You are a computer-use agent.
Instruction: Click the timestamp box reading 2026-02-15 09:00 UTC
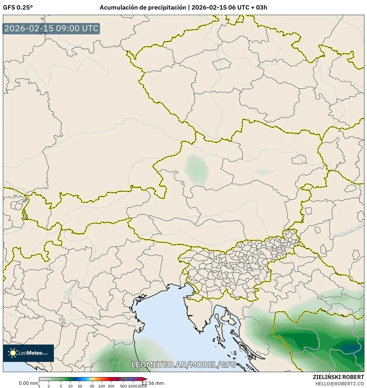(x=51, y=28)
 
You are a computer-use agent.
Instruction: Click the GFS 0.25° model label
(x=18, y=8)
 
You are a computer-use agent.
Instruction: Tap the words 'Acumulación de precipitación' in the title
(x=143, y=8)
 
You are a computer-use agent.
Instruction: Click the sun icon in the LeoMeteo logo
(x=13, y=353)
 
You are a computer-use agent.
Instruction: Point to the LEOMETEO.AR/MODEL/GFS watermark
(x=184, y=365)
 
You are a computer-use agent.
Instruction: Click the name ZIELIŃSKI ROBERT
(x=338, y=377)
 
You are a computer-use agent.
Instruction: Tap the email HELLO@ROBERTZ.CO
(x=339, y=384)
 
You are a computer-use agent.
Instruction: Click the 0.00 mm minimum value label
(x=28, y=383)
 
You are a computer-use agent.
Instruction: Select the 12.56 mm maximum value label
(x=152, y=383)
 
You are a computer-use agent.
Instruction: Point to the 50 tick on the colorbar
(x=92, y=386)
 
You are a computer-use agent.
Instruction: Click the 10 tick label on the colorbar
(x=70, y=386)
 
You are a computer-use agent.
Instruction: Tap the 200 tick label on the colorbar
(x=111, y=386)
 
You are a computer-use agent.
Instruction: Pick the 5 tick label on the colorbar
(x=61, y=386)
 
